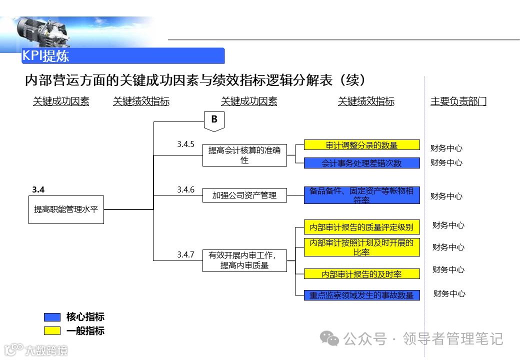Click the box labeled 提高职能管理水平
pos(66,209)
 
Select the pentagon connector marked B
pos(214,120)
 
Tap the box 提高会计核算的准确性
pos(244,155)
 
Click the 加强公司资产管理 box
pos(244,195)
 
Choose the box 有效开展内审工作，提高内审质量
pos(244,260)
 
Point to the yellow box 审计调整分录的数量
pos(361,145)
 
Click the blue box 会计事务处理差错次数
pos(361,163)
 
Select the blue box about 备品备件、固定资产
pos(361,195)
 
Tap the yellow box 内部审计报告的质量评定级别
pos(361,227)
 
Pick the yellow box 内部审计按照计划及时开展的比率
pos(361,247)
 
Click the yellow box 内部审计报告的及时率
pos(361,274)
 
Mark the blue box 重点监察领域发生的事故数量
pos(361,295)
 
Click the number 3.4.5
pos(185,144)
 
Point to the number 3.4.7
pos(185,254)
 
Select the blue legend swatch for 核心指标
pos(52,317)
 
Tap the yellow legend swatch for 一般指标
pos(52,330)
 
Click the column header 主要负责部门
pos(458,101)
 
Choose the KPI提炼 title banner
pos(122,55)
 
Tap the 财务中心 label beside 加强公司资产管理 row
pos(446,196)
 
